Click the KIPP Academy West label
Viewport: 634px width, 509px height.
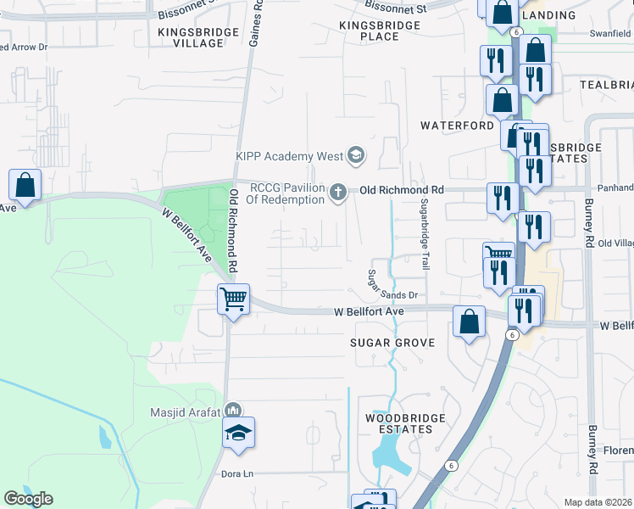tap(289, 156)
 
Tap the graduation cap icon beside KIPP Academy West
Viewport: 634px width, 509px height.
tap(356, 155)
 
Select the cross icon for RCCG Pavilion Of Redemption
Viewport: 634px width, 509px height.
tap(338, 193)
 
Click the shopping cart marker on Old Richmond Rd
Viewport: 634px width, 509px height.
tap(233, 299)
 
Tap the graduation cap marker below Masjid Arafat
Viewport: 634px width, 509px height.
tap(238, 433)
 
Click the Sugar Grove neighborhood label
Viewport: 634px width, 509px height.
tap(393, 343)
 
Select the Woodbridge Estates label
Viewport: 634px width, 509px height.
tap(399, 423)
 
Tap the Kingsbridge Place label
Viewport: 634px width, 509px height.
tap(380, 31)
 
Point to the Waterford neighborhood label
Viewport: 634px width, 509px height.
tap(458, 126)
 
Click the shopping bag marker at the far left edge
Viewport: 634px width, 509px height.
tap(25, 185)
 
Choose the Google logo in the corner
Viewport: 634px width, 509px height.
tap(28, 499)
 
